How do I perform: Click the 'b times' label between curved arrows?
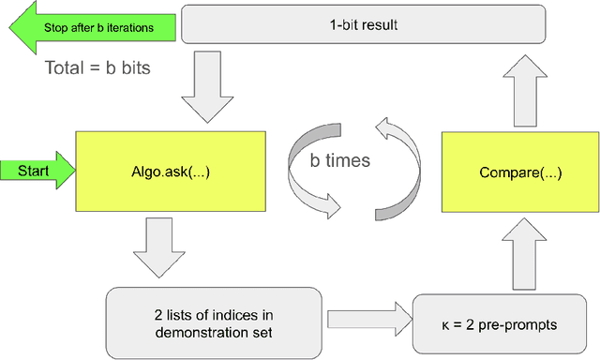(x=340, y=160)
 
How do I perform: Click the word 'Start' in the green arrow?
(x=32, y=171)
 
